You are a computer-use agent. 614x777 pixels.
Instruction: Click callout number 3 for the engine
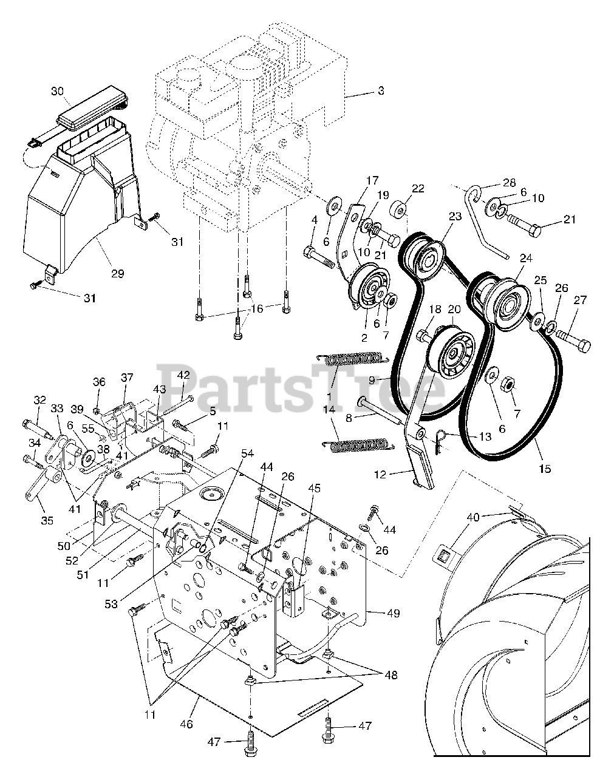[x=381, y=92]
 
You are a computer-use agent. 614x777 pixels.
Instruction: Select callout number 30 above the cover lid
[x=57, y=91]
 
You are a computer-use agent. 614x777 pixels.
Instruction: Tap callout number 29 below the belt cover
[x=117, y=274]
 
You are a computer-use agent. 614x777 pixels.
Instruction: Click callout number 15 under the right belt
[x=545, y=469]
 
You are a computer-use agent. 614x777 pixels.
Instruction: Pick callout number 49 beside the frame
[x=394, y=613]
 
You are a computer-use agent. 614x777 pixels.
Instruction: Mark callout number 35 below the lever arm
[x=47, y=520]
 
